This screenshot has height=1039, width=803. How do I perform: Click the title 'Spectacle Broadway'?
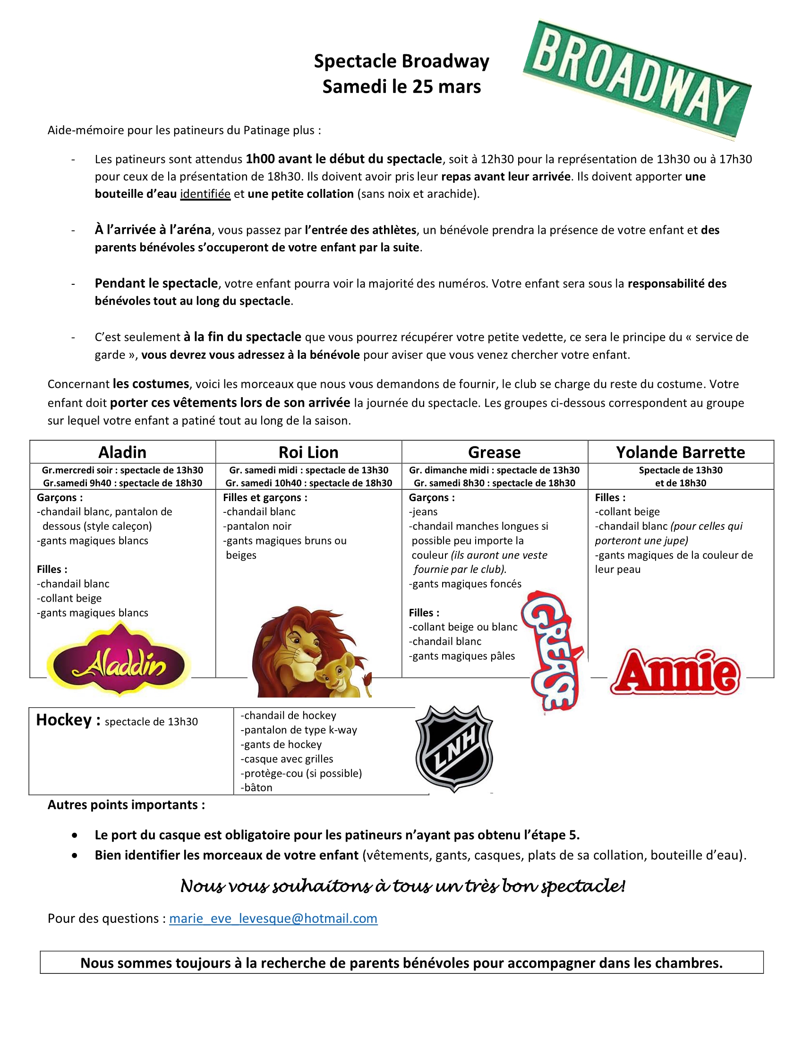click(x=401, y=61)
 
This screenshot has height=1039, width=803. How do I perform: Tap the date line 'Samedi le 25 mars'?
click(x=401, y=86)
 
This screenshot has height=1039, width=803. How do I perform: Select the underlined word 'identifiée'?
click(x=205, y=194)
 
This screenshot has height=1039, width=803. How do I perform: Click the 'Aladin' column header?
click(x=122, y=452)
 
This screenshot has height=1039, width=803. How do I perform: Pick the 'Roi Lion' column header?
click(x=308, y=452)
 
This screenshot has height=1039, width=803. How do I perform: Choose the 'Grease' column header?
click(x=494, y=452)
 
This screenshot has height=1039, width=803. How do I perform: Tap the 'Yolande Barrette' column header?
click(x=680, y=452)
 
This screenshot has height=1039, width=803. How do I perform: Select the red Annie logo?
click(x=675, y=673)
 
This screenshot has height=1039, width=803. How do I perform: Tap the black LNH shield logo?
click(x=454, y=749)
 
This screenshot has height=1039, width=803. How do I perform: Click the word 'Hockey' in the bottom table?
click(x=64, y=720)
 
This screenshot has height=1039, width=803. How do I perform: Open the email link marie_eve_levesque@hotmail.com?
click(x=273, y=919)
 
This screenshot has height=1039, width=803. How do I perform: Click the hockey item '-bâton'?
click(x=257, y=787)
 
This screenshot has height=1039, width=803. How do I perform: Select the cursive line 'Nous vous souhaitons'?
click(x=402, y=886)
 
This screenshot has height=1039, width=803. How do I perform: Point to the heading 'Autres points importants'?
click(x=126, y=805)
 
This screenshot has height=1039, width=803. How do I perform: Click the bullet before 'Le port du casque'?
click(x=75, y=835)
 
